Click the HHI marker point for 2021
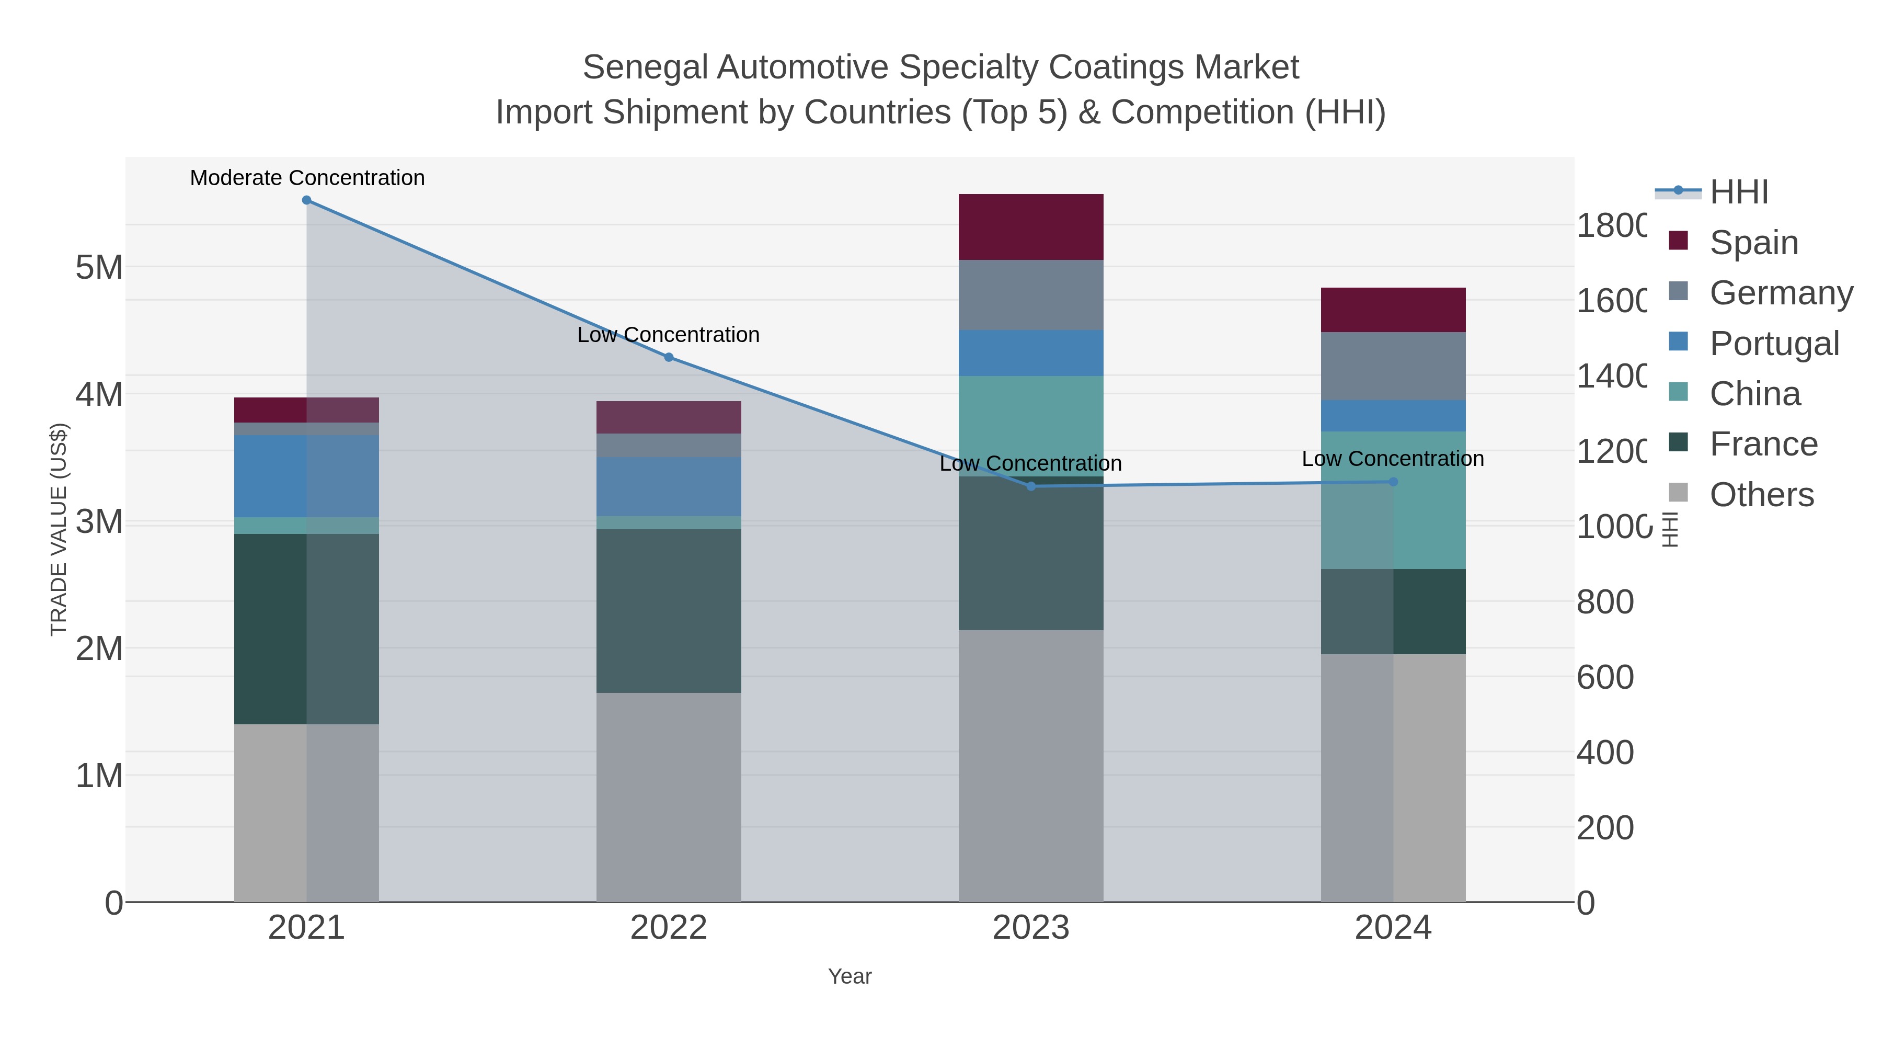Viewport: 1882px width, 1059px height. point(306,200)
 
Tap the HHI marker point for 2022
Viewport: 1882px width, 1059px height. point(669,357)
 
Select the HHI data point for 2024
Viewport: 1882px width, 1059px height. point(1393,482)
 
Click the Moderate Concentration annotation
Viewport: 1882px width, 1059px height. point(307,178)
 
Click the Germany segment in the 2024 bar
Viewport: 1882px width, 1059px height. point(1393,366)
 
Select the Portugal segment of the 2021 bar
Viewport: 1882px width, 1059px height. point(306,476)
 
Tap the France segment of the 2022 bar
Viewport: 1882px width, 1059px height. point(669,610)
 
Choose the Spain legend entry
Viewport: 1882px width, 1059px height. point(1753,242)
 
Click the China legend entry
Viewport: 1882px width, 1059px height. point(1755,394)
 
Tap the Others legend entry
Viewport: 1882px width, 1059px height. point(1761,495)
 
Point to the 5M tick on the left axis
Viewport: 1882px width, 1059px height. point(99,267)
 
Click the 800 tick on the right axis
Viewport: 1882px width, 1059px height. point(1604,602)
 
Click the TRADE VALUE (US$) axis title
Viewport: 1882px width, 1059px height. point(59,529)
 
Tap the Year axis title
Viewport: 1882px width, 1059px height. point(849,976)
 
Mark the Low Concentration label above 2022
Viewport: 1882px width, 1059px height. point(669,335)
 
